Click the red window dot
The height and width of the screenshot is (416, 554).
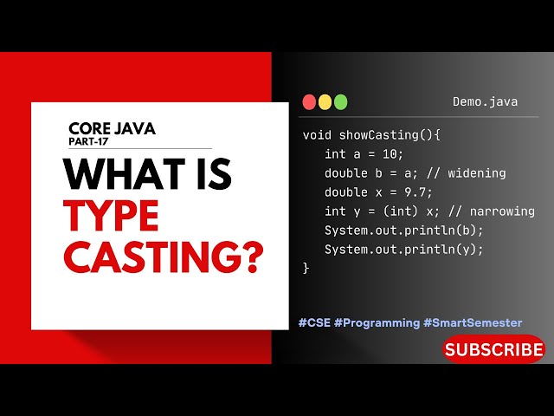[x=309, y=102]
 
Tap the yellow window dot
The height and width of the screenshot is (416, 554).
[x=325, y=102]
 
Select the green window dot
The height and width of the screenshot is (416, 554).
[x=340, y=102]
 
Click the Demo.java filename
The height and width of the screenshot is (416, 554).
[x=485, y=102]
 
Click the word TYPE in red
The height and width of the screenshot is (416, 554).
[x=112, y=216]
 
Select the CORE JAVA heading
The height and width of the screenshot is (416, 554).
[x=113, y=128]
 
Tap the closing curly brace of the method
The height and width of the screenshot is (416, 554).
[x=306, y=269]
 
